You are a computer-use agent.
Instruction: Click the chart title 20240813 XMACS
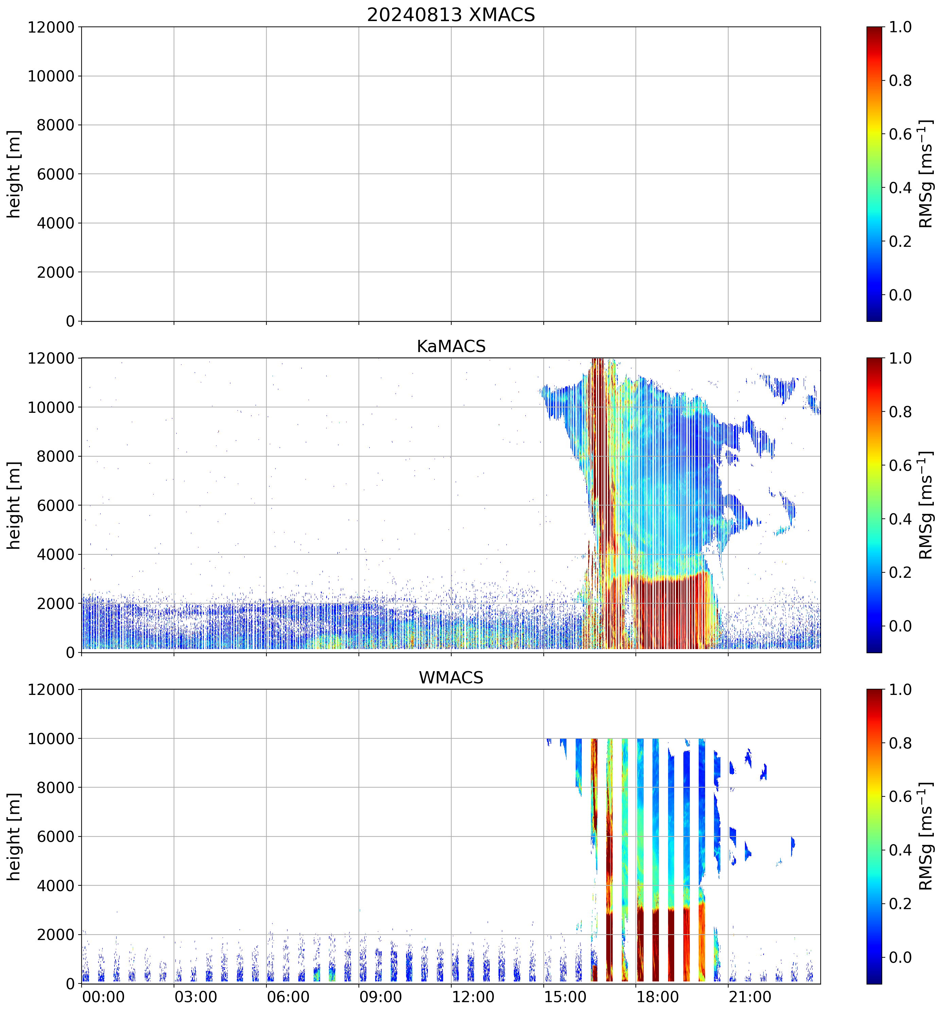[x=451, y=15]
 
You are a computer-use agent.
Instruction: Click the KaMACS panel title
[x=451, y=346]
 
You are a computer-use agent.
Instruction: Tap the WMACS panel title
[x=451, y=678]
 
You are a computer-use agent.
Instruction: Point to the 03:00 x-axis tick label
[x=196, y=997]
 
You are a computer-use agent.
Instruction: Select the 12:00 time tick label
[x=473, y=997]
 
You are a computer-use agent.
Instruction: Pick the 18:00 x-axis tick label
[x=657, y=997]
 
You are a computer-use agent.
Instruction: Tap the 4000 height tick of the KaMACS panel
[x=55, y=554]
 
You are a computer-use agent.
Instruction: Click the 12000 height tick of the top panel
[x=51, y=27]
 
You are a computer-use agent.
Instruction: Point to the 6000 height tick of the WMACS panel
[x=55, y=836]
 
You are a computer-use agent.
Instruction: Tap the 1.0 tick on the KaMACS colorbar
[x=900, y=358]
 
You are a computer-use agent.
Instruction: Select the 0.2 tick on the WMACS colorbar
[x=900, y=904]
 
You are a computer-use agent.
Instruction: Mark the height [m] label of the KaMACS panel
[x=14, y=505]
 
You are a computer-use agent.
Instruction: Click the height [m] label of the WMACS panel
[x=14, y=836]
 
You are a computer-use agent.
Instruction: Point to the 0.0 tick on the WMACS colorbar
[x=900, y=957]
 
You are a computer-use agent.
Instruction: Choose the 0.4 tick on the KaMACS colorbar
[x=900, y=519]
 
